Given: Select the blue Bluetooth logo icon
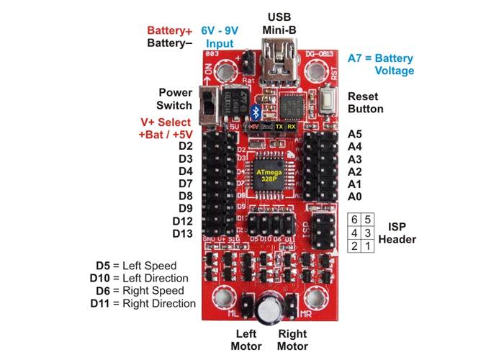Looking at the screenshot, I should [x=255, y=112].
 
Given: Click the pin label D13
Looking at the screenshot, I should [x=182, y=234].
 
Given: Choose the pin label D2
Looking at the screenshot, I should [x=185, y=147].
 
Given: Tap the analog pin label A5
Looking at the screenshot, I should [x=355, y=135].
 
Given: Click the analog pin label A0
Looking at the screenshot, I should [x=355, y=197].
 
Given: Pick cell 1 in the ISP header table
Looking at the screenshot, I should [x=369, y=246].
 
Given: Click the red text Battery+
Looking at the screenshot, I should [x=170, y=31].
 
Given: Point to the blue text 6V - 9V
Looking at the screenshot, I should [x=220, y=31].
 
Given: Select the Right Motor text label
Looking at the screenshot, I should [x=292, y=340].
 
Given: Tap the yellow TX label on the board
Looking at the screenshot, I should [x=279, y=126].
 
